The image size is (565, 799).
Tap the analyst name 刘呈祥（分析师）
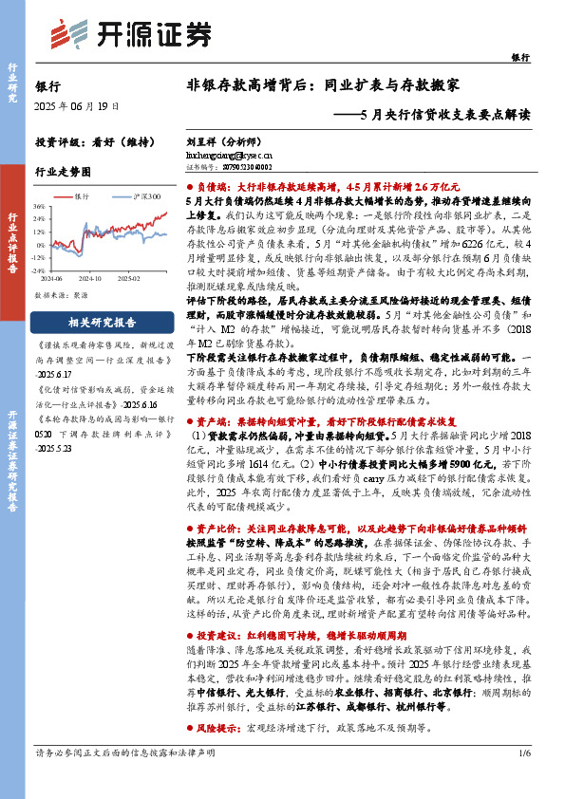[x=217, y=139]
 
